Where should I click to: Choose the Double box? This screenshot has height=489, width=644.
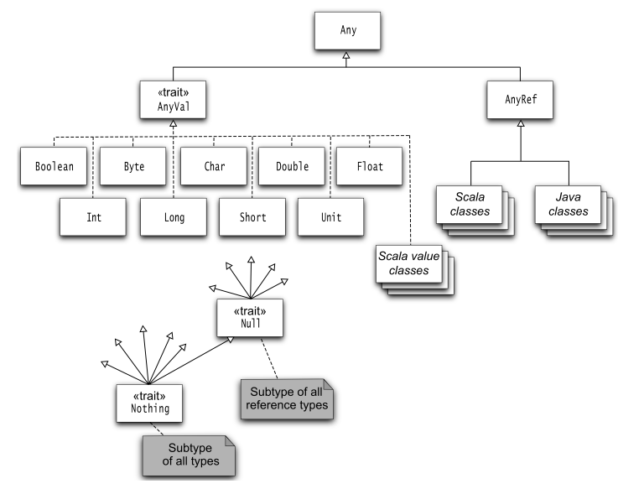[291, 166]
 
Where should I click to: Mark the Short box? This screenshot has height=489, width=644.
[252, 217]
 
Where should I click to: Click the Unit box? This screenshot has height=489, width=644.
[330, 217]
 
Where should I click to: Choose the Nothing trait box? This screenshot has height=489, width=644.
[150, 402]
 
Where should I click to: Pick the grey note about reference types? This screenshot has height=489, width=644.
[288, 399]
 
